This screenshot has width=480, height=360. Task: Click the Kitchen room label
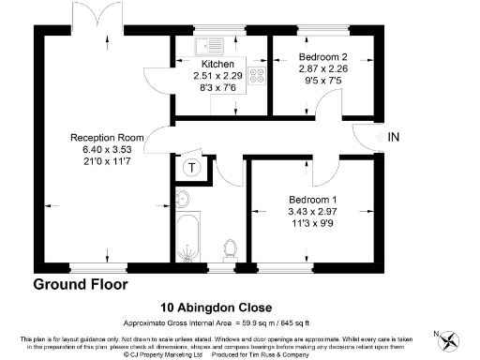(x=217, y=64)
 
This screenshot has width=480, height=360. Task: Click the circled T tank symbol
(x=192, y=168)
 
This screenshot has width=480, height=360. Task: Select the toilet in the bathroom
(x=229, y=249)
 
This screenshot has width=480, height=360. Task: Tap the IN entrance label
(x=394, y=138)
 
